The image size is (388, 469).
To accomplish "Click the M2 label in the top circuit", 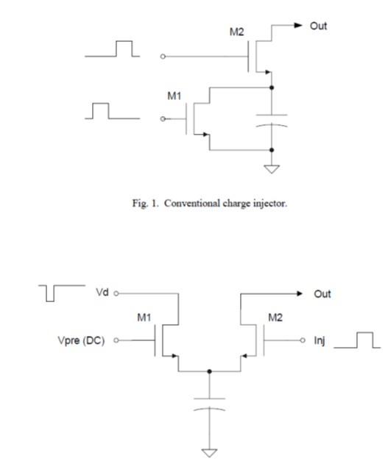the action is point(236,32).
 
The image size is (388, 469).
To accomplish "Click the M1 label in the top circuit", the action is point(174,96).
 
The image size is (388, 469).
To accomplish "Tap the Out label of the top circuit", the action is point(318,26).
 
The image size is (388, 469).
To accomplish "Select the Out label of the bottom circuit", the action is point(322,294).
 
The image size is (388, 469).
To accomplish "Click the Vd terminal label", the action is point(102,293).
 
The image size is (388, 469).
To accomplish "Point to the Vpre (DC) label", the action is point(81,340).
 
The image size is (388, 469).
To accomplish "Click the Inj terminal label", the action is point(320,340).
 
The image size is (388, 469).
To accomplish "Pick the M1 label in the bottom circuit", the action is point(144,318).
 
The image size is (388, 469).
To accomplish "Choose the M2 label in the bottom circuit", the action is point(275,318).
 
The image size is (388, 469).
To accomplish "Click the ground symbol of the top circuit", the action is point(272,169).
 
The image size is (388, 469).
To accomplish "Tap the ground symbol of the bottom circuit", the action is point(209,453).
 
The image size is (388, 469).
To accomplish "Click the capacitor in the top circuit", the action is point(272,121).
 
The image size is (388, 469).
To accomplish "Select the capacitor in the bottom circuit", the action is point(209,404).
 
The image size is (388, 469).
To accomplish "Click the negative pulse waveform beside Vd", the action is point(62,293).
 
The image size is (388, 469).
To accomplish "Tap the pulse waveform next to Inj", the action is point(357,340).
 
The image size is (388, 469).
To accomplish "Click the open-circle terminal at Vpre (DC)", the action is point(116,340).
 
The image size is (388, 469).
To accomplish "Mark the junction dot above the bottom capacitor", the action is point(209,371).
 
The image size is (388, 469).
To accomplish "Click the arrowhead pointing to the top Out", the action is point(298,26).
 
